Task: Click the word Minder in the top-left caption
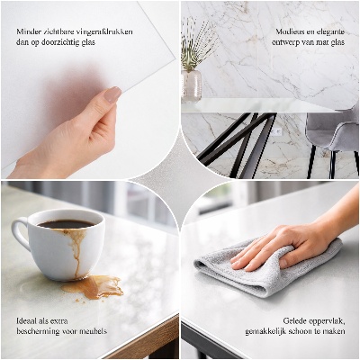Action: pos(28,31)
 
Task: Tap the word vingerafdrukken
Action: pos(105,31)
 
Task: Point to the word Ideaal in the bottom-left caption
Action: pos(27,320)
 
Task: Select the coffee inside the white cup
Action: pos(65,224)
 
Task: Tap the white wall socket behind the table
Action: pos(278,131)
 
